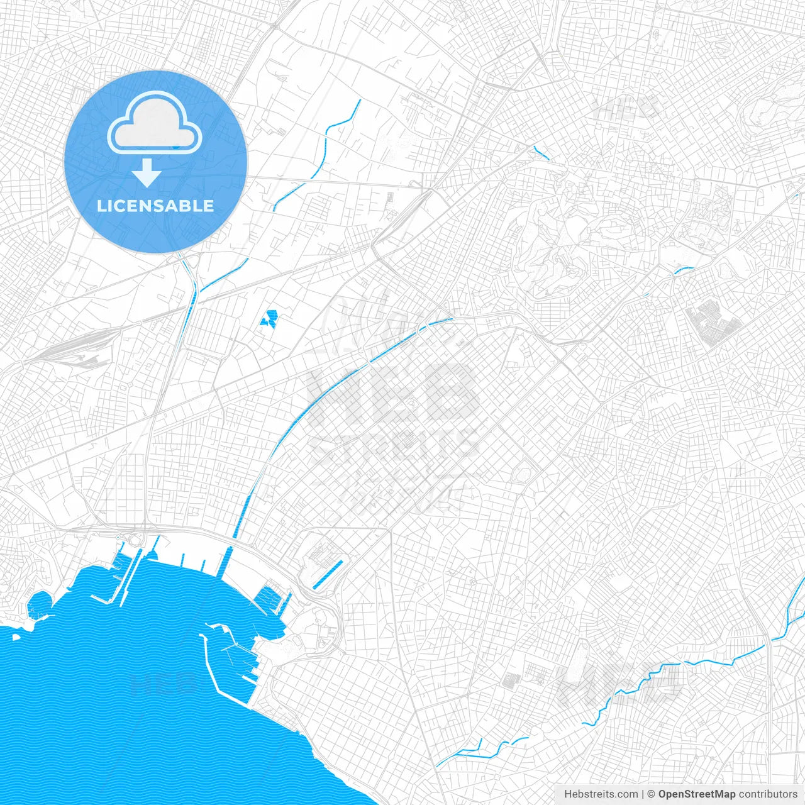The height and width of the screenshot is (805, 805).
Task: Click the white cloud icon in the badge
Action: pyautogui.click(x=155, y=123)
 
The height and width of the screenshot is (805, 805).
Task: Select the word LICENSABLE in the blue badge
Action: pyautogui.click(x=155, y=206)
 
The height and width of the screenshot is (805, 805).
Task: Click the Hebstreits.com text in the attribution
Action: pyautogui.click(x=601, y=794)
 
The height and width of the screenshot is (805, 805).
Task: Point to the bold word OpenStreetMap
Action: pyautogui.click(x=697, y=794)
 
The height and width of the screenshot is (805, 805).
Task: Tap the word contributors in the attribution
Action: pyautogui.click(x=768, y=794)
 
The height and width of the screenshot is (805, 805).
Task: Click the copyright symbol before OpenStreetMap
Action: pyautogui.click(x=652, y=794)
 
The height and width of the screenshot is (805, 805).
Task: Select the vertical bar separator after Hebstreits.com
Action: pyautogui.click(x=643, y=794)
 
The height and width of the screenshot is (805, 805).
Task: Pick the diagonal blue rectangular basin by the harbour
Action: pyautogui.click(x=328, y=574)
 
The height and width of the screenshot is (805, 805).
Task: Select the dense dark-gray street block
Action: pyautogui.click(x=713, y=323)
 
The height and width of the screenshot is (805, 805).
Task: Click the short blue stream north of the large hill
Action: pyautogui.click(x=541, y=153)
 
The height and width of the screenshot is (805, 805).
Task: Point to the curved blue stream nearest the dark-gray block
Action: pyautogui.click(x=683, y=270)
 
